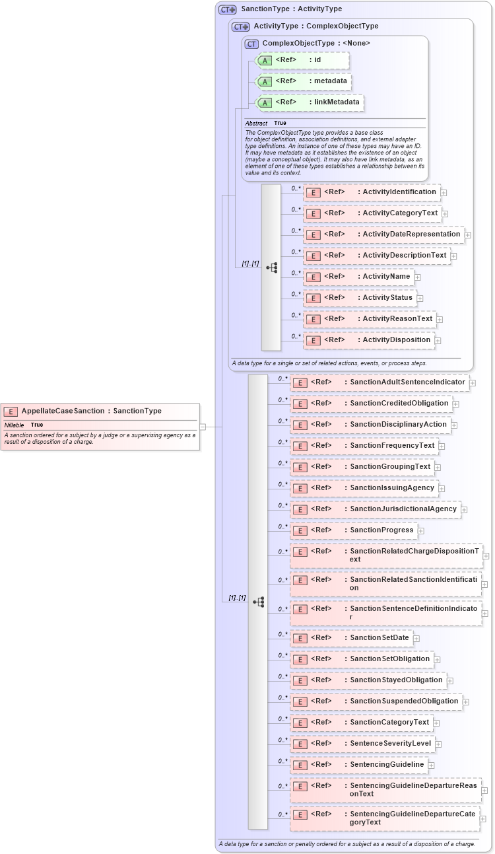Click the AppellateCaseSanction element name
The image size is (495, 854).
click(63, 411)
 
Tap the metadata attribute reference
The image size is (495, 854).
click(303, 81)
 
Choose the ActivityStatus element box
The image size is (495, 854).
click(360, 298)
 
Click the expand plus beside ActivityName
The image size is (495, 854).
click(418, 277)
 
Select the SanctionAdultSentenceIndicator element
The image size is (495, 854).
click(379, 382)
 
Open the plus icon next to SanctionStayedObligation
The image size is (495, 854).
click(450, 680)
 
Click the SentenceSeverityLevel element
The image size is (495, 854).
click(362, 744)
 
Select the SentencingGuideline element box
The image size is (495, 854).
click(359, 765)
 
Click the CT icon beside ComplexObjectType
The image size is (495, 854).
click(251, 44)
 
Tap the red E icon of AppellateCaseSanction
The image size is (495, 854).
click(11, 411)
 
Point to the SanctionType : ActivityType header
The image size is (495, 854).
click(291, 9)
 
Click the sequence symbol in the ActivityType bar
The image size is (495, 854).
click(271, 267)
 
